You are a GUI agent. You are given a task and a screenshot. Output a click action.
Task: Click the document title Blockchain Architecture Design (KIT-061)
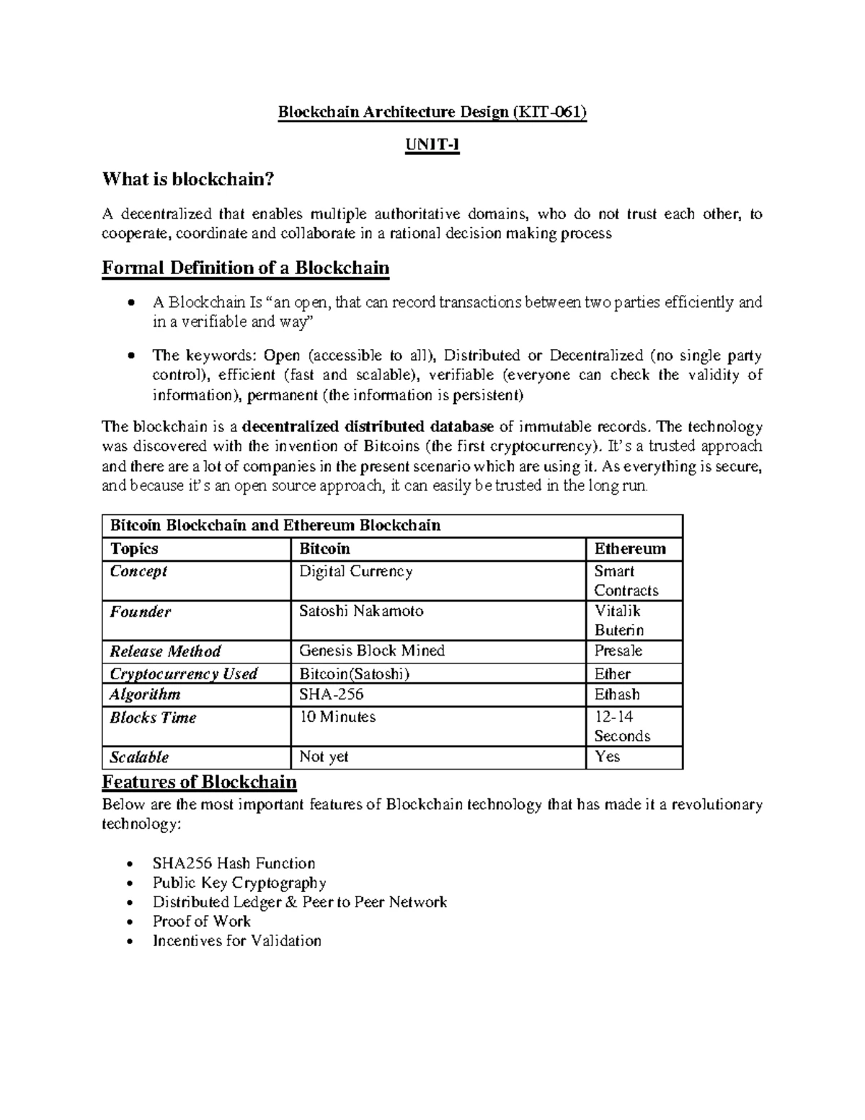point(432,113)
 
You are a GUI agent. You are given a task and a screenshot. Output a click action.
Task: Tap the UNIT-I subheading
point(432,146)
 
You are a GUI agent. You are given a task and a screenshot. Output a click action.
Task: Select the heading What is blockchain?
point(189,179)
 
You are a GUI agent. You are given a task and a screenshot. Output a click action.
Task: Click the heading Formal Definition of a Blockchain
point(246,268)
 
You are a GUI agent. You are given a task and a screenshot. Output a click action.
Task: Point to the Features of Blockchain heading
point(200,782)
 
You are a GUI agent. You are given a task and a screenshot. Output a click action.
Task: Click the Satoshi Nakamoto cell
point(361,611)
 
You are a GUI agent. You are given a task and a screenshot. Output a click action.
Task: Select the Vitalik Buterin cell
point(619,620)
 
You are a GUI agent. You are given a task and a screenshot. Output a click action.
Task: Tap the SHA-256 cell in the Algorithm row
point(332,695)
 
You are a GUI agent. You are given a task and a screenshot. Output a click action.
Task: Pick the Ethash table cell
point(617,695)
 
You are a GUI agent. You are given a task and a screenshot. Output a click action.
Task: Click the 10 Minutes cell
point(337,717)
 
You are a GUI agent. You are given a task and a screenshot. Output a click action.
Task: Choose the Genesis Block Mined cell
point(372,651)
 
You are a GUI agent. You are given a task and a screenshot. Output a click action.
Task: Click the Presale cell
point(618,651)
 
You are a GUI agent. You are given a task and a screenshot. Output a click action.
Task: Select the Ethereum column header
point(630,549)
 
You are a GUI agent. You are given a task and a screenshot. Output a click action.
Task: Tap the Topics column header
point(134,549)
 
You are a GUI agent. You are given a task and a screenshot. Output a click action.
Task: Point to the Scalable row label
point(139,757)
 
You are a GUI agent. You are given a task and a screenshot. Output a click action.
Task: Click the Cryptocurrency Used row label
point(183,674)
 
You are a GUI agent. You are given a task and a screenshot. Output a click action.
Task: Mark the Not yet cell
point(324,757)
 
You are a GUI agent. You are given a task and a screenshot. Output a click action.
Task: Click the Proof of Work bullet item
point(202,921)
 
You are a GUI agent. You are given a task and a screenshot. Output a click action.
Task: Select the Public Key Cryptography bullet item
point(239,883)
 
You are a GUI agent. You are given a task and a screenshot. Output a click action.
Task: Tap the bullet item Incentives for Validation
point(237,940)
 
